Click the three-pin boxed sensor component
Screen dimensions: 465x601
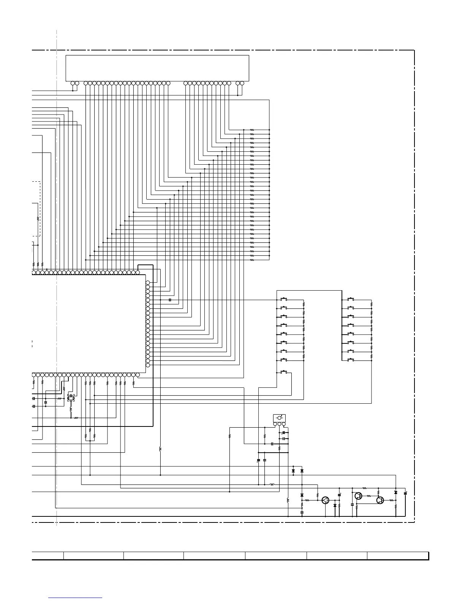coord(280,418)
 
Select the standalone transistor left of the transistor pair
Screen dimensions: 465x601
coord(325,500)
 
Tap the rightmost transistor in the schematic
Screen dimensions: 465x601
coord(380,500)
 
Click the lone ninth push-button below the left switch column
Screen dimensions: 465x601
coord(283,372)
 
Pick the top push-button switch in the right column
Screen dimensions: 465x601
coord(351,299)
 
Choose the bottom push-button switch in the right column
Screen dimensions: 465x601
coord(351,359)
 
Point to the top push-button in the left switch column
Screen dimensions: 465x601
coord(283,299)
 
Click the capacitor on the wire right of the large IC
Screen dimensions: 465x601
coord(170,300)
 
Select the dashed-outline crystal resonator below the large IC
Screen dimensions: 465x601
coord(71,397)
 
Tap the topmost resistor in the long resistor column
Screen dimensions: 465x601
coord(252,130)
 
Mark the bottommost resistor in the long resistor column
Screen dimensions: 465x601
coord(252,261)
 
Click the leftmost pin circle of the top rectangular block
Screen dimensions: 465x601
coord(73,83)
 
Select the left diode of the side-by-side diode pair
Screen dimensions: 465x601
coord(293,471)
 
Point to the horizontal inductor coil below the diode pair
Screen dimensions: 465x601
coord(272,485)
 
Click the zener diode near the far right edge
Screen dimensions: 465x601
coord(396,492)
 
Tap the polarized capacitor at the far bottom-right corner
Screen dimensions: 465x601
coord(405,493)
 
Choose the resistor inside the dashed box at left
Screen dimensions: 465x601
coord(38,219)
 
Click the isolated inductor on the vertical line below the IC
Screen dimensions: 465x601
coord(160,449)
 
